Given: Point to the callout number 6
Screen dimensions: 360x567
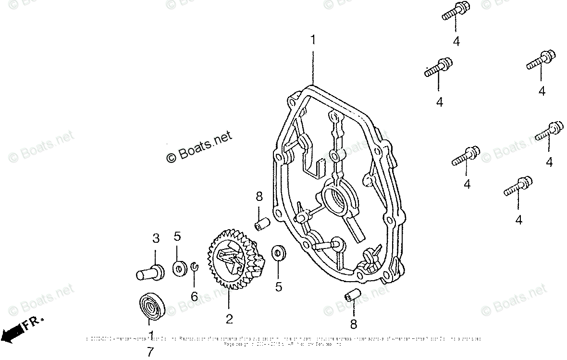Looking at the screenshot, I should [x=194, y=297].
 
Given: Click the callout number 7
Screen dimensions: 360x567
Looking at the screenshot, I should [x=151, y=353].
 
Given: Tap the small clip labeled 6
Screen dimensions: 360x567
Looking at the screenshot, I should [x=194, y=266].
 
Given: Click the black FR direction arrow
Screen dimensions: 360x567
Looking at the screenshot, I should [x=12, y=332].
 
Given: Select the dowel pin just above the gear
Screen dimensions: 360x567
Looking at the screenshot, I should [x=262, y=224].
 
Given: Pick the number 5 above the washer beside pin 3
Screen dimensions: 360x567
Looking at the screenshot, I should [x=177, y=236].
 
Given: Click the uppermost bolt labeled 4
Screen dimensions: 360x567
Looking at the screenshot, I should [x=455, y=11].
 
